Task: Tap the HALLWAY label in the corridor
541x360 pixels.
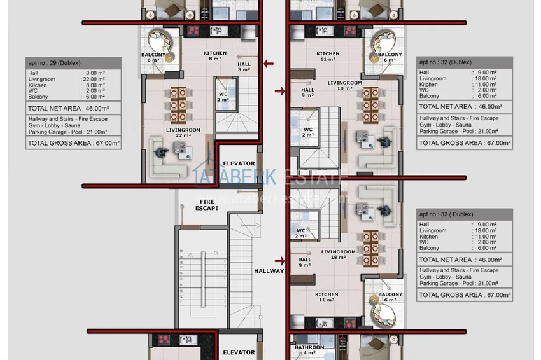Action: click(x=269, y=271)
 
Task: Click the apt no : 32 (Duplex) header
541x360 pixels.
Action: click(x=446, y=62)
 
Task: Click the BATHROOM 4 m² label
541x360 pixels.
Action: click(x=309, y=350)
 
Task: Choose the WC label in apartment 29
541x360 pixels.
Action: click(x=222, y=97)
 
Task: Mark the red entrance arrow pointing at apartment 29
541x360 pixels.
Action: click(x=268, y=64)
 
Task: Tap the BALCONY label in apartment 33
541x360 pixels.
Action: click(x=390, y=297)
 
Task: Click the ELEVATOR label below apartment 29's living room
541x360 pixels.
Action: click(x=239, y=163)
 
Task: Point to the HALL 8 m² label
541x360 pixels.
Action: click(x=244, y=67)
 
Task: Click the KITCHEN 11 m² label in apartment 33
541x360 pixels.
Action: click(x=327, y=297)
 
